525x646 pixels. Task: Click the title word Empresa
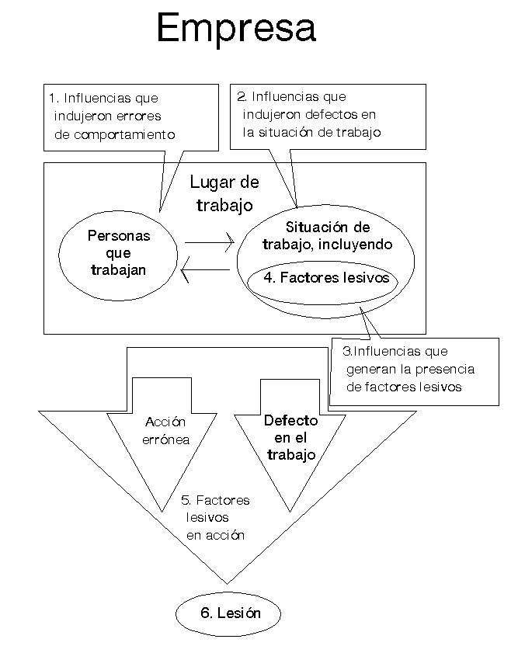[x=236, y=28]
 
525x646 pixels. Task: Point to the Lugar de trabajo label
[x=224, y=193]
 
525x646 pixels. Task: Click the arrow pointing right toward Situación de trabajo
[x=210, y=242]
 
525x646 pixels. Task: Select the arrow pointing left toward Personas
[x=205, y=270]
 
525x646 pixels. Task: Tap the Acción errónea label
[x=165, y=430]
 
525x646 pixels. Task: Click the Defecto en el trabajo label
[x=291, y=438]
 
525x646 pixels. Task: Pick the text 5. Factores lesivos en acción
[x=215, y=517]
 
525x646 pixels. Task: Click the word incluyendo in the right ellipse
[x=355, y=245]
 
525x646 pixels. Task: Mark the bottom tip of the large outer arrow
[x=227, y=584]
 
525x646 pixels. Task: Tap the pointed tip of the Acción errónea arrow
[x=162, y=512]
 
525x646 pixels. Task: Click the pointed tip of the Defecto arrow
[x=290, y=512]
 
